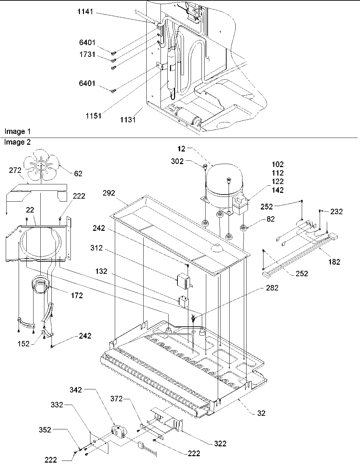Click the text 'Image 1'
[x=15, y=131]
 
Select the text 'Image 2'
[x=17, y=142]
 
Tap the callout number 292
[x=109, y=193]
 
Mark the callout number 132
[x=101, y=271]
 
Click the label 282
[x=272, y=288]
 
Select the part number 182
[x=334, y=262]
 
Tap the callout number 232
[x=336, y=211]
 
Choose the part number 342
[x=76, y=390]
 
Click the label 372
[x=116, y=399]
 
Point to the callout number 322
[x=220, y=443]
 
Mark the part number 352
[x=45, y=430]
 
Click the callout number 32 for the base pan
[x=261, y=413]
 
